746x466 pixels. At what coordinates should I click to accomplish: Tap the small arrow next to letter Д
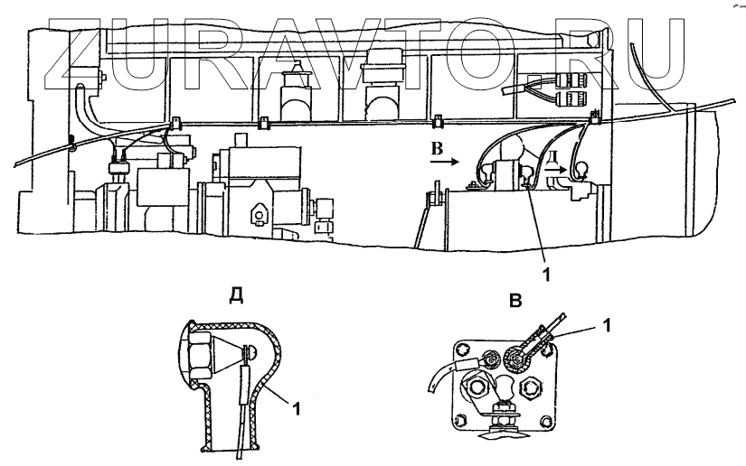point(562,169)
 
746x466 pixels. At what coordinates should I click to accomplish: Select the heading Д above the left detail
point(235,296)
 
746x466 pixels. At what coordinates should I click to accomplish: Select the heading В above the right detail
point(515,300)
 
